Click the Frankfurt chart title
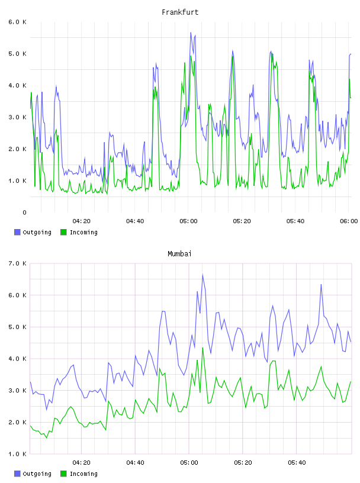tap(180, 12)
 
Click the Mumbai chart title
tap(179, 254)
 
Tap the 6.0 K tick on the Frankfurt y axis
tap(17, 22)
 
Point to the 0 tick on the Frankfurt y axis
tap(24, 212)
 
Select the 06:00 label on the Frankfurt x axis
tap(349, 221)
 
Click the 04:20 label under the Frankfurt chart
tap(82, 221)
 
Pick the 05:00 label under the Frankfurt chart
tap(189, 221)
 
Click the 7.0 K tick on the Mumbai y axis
tap(17, 263)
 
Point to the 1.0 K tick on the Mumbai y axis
tap(17, 454)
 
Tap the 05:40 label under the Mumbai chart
tap(297, 463)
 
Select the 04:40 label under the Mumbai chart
tap(136, 463)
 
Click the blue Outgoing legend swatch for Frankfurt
tap(17, 232)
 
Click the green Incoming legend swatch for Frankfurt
tap(63, 232)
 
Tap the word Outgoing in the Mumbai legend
tap(37, 474)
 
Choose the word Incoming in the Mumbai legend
tap(83, 474)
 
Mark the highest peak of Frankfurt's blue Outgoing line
tap(191, 33)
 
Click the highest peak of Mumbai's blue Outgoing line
tap(203, 275)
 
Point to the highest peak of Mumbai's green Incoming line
tap(203, 348)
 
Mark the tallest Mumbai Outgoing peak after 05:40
tap(321, 284)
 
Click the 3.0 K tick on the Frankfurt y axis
tap(17, 117)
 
